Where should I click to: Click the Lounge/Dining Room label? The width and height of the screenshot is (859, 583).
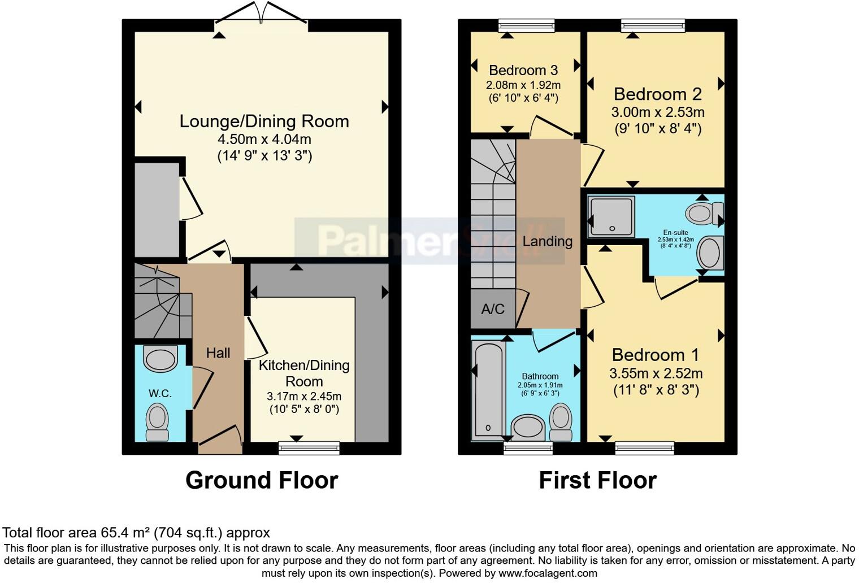click(264, 121)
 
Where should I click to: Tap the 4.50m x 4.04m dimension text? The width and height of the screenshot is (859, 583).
click(264, 140)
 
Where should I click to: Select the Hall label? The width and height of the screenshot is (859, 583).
click(218, 353)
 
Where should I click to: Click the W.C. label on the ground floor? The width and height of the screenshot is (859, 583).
click(160, 394)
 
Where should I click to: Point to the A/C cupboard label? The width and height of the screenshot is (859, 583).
click(492, 309)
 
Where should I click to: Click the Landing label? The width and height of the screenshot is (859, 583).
click(547, 242)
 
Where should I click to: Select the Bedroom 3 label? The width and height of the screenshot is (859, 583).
click(523, 71)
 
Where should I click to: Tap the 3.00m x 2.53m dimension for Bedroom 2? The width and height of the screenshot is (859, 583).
click(657, 112)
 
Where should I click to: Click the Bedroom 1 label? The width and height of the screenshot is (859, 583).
click(655, 355)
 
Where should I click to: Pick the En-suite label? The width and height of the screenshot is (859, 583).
click(675, 232)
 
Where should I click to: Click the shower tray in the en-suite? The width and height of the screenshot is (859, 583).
click(611, 216)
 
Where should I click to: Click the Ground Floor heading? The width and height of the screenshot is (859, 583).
click(262, 481)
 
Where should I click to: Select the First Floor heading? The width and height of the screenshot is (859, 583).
click(597, 481)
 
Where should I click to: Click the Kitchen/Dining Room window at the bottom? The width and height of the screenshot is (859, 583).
click(309, 448)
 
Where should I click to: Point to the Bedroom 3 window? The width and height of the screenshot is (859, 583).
click(526, 26)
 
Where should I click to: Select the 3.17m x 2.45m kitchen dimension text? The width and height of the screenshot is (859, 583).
click(304, 397)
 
